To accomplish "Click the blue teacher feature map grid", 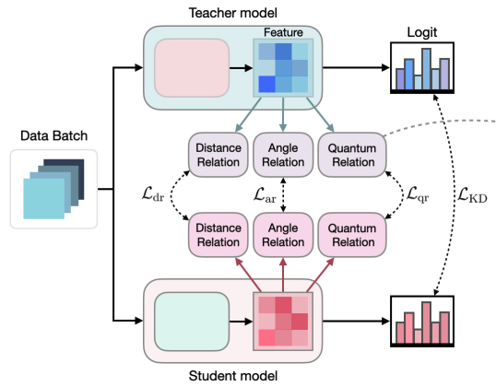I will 282,70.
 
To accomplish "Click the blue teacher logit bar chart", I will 422,70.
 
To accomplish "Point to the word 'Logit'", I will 422,30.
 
